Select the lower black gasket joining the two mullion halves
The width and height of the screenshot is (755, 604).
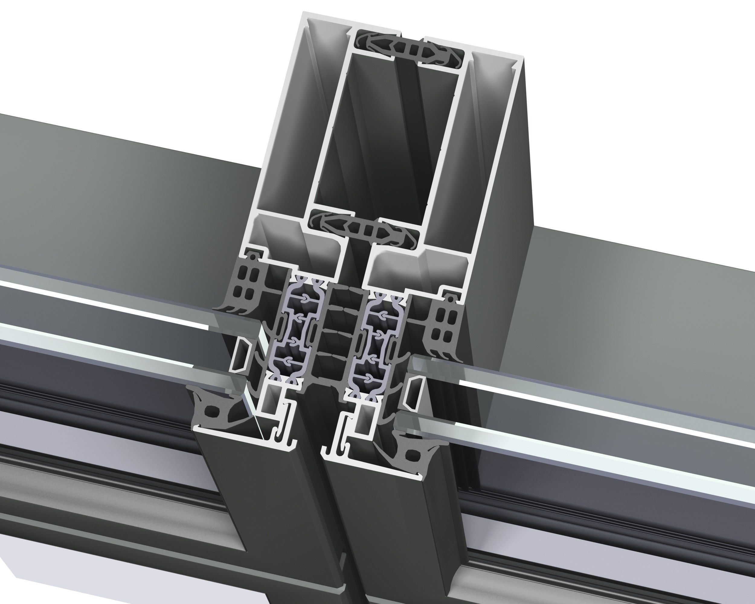click(364, 229)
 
